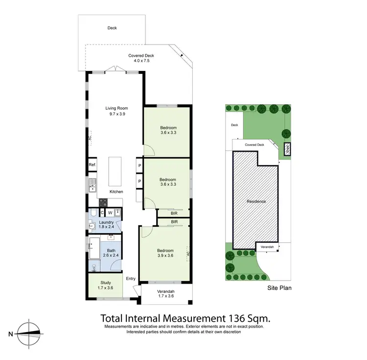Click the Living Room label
(116, 108)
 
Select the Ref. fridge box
(92, 165)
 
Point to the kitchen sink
(92, 185)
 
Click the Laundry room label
(106, 222)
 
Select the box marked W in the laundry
(110, 213)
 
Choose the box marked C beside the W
(102, 213)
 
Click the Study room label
(106, 283)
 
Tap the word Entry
(131, 279)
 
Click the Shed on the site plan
(288, 148)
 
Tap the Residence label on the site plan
(256, 201)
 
